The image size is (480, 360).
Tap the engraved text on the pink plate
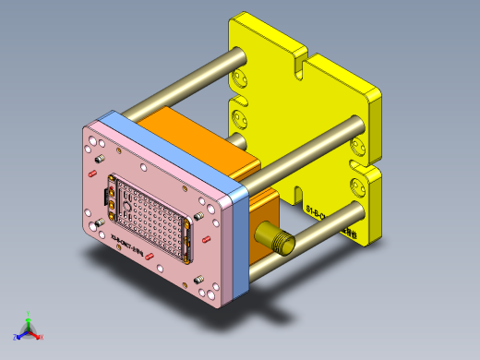tap(126, 247)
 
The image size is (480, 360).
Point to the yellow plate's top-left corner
tap(231, 23)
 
